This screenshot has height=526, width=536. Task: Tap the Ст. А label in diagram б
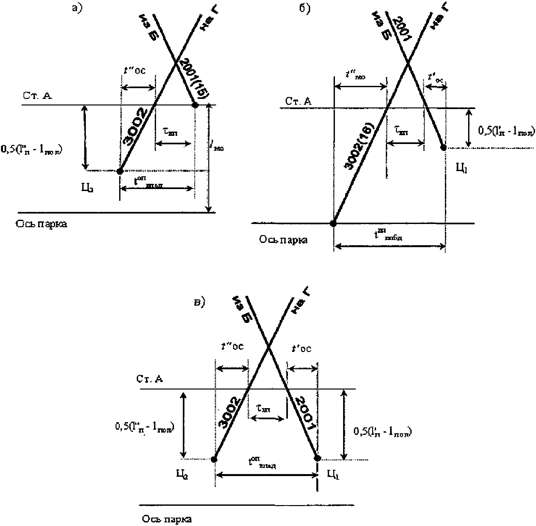pos(298,101)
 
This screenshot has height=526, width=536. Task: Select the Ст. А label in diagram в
pos(150,379)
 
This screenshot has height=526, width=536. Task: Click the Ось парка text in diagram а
pos(41,224)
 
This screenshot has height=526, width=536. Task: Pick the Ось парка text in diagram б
pos(283,240)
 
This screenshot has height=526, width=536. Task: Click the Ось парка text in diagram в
pos(167,519)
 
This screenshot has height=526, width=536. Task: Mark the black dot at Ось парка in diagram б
pos(333,223)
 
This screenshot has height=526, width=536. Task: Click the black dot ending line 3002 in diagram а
pos(120,171)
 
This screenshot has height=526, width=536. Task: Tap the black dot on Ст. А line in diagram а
pos(195,105)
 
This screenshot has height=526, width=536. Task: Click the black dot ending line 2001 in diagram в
pos(317,459)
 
